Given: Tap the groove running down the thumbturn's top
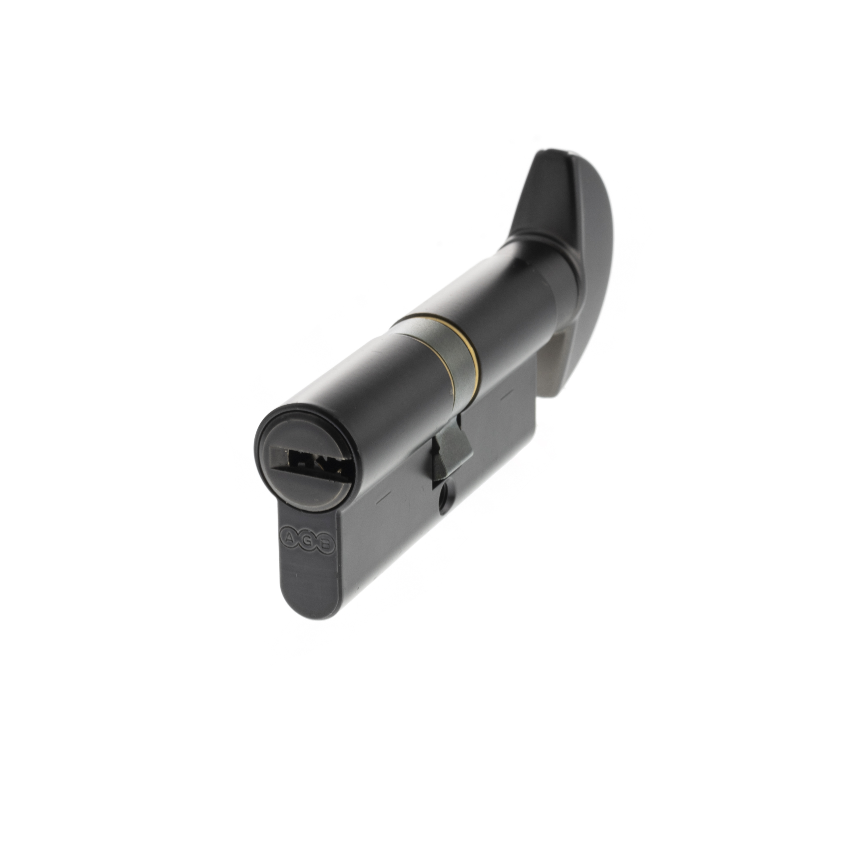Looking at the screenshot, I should coord(567,185).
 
